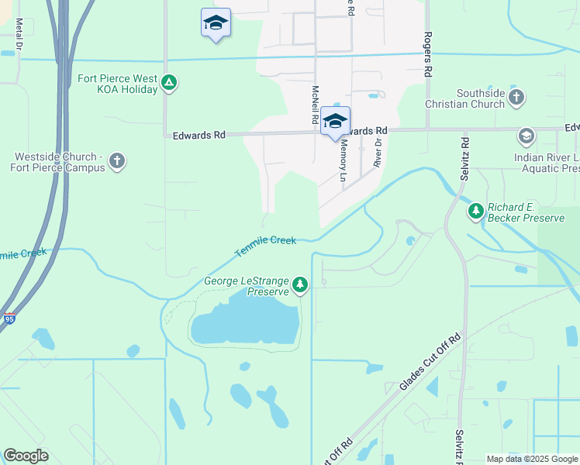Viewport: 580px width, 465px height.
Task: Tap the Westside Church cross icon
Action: [117, 161]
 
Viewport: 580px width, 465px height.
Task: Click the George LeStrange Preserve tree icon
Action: [300, 286]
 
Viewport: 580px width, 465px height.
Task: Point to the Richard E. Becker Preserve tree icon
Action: [475, 210]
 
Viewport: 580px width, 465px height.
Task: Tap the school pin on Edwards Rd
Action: [335, 122]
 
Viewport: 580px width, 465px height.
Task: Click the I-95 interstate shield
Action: [9, 319]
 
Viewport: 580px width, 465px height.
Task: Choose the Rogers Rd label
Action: [427, 53]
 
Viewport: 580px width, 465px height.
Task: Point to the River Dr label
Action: [378, 152]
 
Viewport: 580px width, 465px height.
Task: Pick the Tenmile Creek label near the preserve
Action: [265, 246]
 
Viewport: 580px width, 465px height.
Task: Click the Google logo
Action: [26, 456]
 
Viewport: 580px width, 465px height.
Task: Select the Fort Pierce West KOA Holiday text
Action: [118, 84]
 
